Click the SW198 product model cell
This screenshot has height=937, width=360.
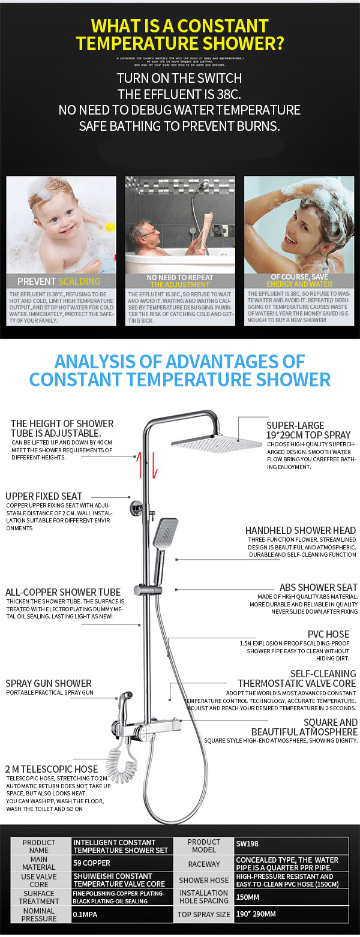point(247,843)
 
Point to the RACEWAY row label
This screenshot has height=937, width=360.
point(203,864)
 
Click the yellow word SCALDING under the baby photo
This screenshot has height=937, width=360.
point(79,281)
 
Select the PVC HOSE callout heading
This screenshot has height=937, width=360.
point(328,634)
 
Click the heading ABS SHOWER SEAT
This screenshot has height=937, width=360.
point(318,587)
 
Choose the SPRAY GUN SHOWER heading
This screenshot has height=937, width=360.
point(49,683)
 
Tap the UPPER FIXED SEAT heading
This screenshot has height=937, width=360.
point(44,496)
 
